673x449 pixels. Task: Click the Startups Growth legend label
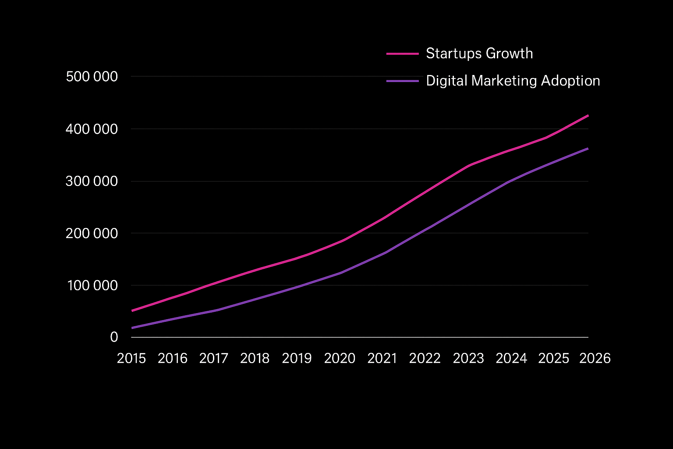tap(479, 53)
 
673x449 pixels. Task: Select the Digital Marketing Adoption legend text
tap(513, 81)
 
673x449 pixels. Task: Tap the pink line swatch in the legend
tap(403, 54)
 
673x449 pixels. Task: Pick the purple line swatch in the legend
tap(403, 81)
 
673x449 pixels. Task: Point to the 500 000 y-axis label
tap(92, 77)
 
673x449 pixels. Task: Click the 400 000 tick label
tap(92, 129)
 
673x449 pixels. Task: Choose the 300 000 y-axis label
tap(92, 181)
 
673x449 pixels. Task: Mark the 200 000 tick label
tap(92, 233)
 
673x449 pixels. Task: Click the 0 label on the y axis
tap(114, 337)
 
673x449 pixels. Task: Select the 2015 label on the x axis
tap(131, 358)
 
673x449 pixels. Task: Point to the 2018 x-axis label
tap(255, 358)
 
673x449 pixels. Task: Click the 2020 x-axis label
tap(340, 358)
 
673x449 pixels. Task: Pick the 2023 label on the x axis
tap(468, 358)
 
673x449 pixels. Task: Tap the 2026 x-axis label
tap(595, 358)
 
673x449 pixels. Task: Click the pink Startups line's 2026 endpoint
tap(588, 115)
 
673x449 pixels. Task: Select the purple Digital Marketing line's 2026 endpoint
tap(588, 149)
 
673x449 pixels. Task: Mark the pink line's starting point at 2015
tap(132, 310)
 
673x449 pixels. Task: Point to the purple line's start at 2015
tap(132, 328)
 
